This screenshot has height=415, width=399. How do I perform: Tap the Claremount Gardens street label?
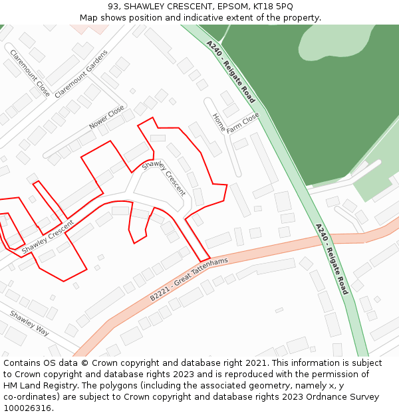tap(80, 74)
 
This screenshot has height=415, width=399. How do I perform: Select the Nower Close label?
tap(106, 118)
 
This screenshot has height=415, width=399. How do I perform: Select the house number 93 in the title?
tap(113, 6)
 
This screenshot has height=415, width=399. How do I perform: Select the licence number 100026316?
tap(27, 408)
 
